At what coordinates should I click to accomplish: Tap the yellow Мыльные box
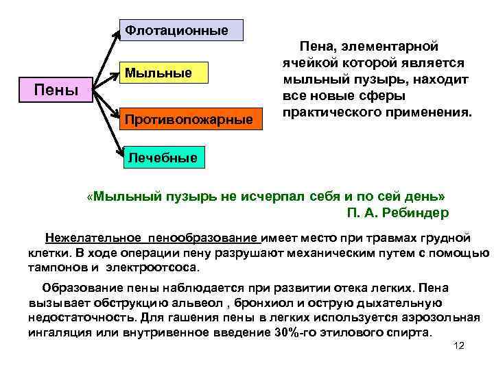pyautogui.click(x=165, y=72)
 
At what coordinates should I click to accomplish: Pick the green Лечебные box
pyautogui.click(x=162, y=158)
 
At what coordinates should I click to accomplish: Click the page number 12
pyautogui.click(x=459, y=345)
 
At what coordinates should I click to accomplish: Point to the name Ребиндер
pyautogui.click(x=416, y=212)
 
